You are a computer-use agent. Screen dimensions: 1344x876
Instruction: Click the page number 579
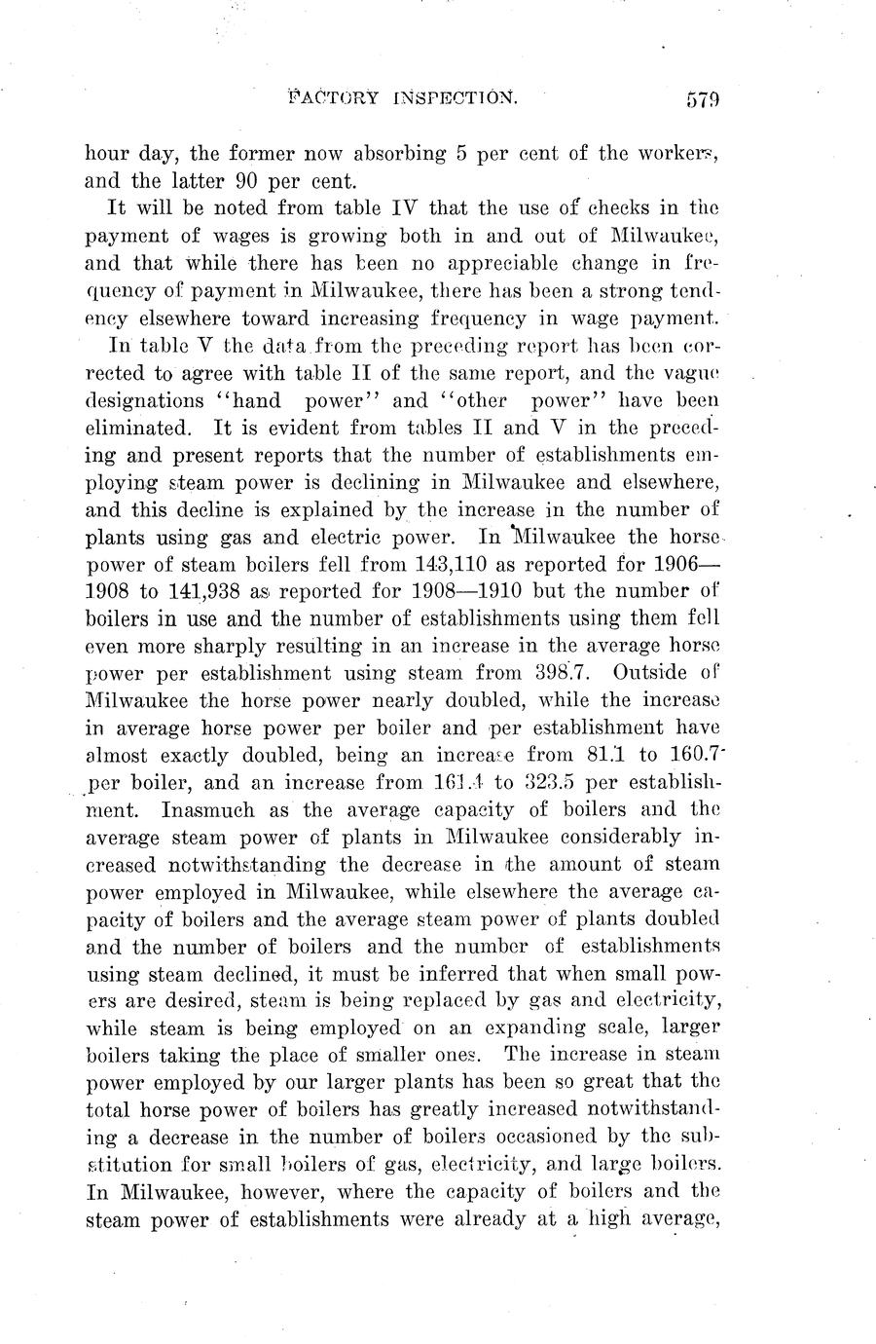(x=701, y=99)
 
